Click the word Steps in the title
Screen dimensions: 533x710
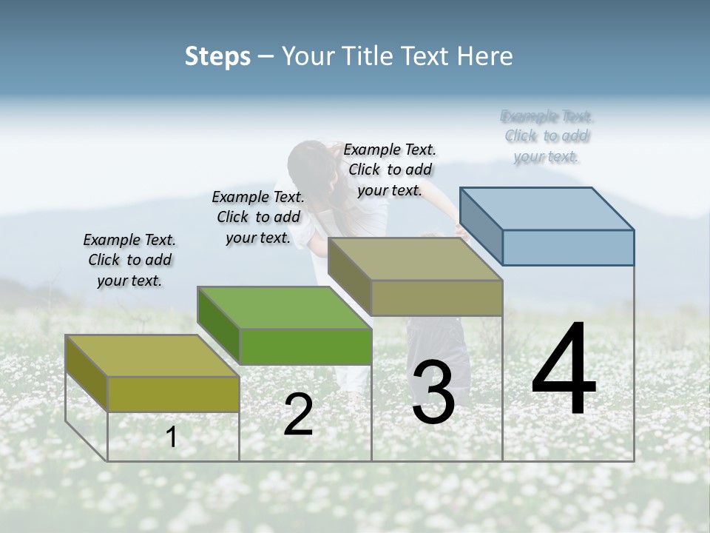217,56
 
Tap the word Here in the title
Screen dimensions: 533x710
486,56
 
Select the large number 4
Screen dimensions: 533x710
564,370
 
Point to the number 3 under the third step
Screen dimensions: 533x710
433,392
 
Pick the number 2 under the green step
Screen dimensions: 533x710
298,415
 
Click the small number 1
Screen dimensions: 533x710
172,438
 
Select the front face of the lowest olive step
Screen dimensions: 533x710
173,395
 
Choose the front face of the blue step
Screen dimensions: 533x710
568,247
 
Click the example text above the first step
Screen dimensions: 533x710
129,260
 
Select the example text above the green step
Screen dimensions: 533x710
258,217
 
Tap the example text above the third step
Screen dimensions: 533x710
390,170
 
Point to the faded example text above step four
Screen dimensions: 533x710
547,136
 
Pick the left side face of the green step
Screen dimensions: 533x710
219,326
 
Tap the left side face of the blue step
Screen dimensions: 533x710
481,226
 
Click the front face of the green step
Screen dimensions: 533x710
305,346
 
